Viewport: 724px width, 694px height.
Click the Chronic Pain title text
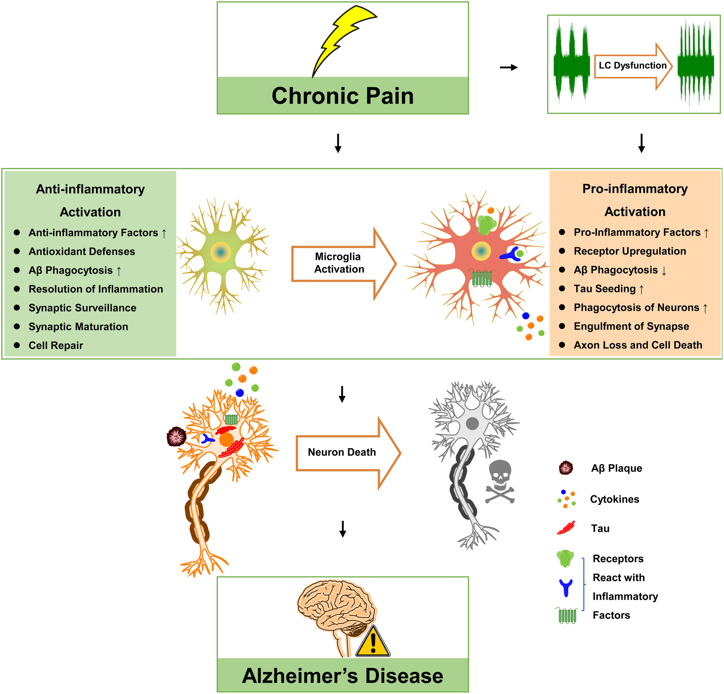tap(342, 96)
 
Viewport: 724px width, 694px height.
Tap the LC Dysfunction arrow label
tap(632, 65)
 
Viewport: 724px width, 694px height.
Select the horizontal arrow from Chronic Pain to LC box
tap(509, 67)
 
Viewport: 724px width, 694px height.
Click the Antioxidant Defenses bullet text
tap(81, 252)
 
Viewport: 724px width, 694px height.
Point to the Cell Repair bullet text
tap(56, 345)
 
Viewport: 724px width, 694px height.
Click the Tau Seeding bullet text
tap(605, 289)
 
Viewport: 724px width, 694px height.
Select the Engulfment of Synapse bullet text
tap(631, 326)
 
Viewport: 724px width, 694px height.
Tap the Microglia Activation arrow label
tap(339, 263)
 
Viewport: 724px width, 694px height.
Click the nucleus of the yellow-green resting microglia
tap(221, 253)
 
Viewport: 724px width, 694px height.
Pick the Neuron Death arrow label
tap(342, 452)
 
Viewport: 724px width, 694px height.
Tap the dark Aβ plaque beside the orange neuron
tap(176, 436)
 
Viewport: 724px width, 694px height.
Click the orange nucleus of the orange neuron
tap(226, 439)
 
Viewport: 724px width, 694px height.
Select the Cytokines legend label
tap(614, 499)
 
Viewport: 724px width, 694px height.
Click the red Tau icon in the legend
tap(566, 528)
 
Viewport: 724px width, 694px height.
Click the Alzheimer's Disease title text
tap(342, 676)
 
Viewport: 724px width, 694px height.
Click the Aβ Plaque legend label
tap(616, 468)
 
